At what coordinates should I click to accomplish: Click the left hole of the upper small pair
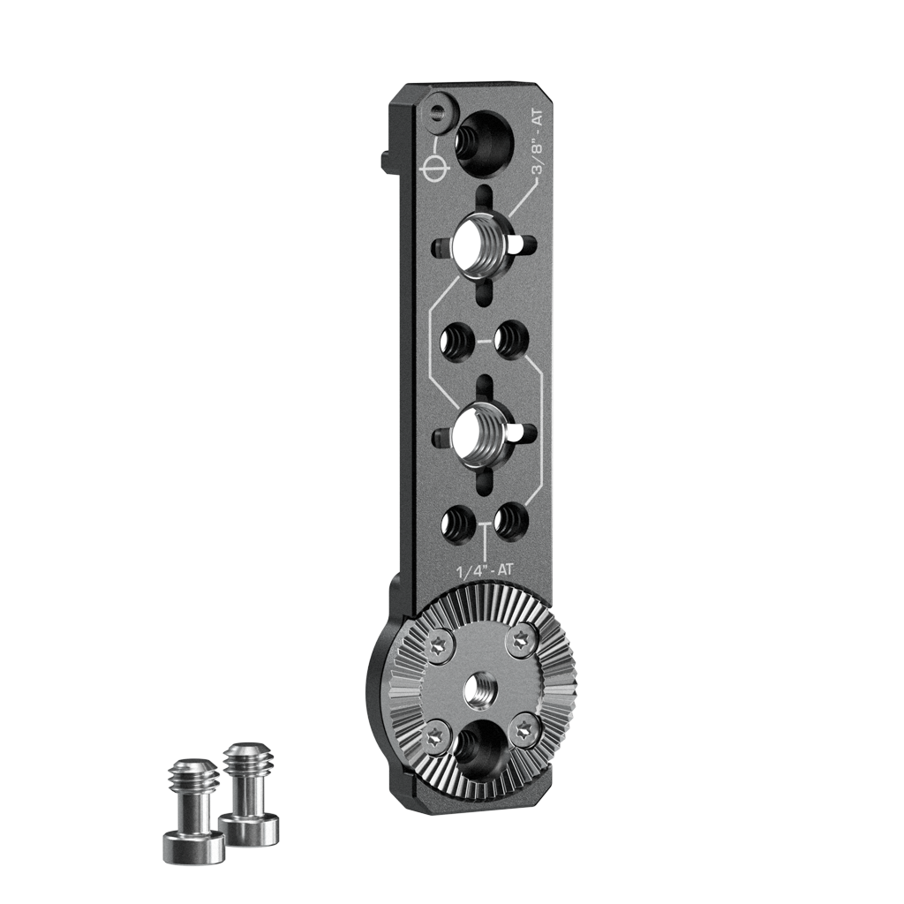456,342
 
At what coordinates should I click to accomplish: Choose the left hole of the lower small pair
456,524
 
